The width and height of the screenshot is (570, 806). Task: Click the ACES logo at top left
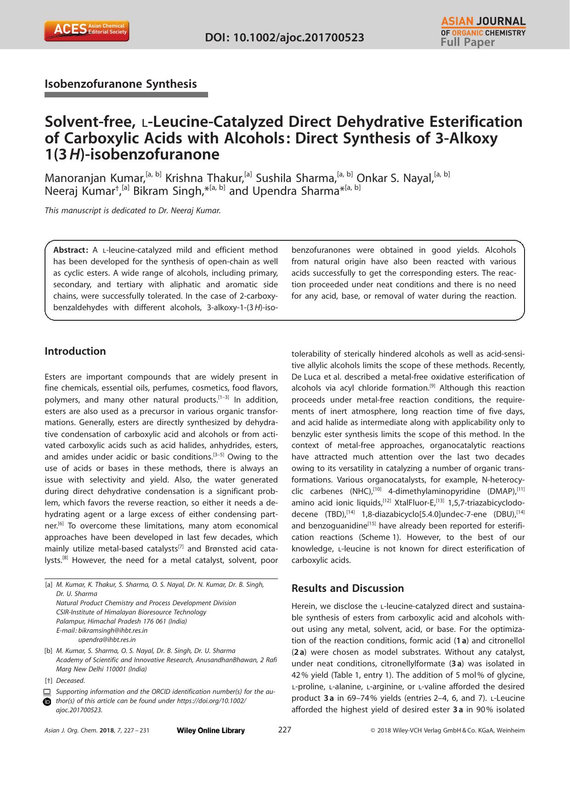coord(86,31)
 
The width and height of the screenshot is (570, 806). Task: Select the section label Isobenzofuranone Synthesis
coord(121,84)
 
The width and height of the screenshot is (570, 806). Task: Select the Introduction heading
coord(75,352)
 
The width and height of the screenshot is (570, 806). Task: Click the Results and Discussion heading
coord(348,589)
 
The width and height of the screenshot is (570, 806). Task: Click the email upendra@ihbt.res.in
coord(107,640)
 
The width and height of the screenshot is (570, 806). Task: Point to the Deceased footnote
coord(70,681)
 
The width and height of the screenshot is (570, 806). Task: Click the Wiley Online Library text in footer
coord(210,731)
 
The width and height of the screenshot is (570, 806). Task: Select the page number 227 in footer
coord(285,730)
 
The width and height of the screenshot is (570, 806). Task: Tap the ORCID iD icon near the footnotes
coord(47,702)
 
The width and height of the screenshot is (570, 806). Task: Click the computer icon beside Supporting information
coord(47,692)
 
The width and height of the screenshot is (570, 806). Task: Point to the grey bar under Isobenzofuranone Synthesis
coord(126,95)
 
